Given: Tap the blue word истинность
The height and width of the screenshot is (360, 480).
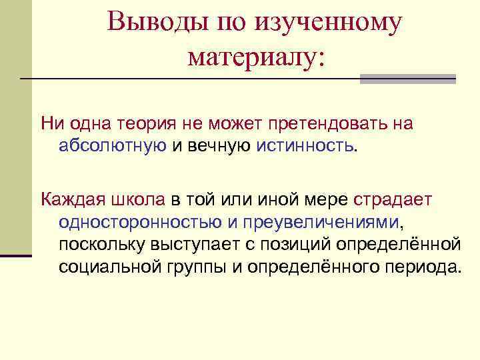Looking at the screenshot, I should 305,146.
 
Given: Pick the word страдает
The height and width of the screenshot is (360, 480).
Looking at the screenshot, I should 393,199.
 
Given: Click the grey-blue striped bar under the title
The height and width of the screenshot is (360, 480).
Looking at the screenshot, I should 407,79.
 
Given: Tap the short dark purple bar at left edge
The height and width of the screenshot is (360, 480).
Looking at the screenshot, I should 16,255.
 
